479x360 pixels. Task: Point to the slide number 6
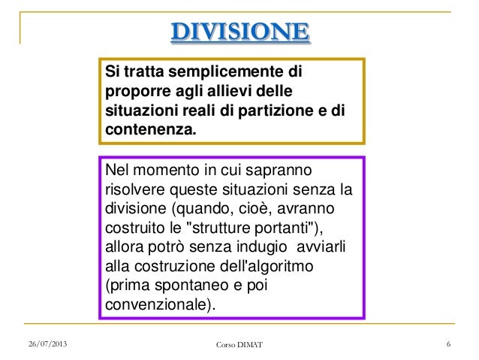447,344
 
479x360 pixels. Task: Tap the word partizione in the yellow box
271,110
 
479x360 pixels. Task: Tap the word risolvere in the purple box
137,189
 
